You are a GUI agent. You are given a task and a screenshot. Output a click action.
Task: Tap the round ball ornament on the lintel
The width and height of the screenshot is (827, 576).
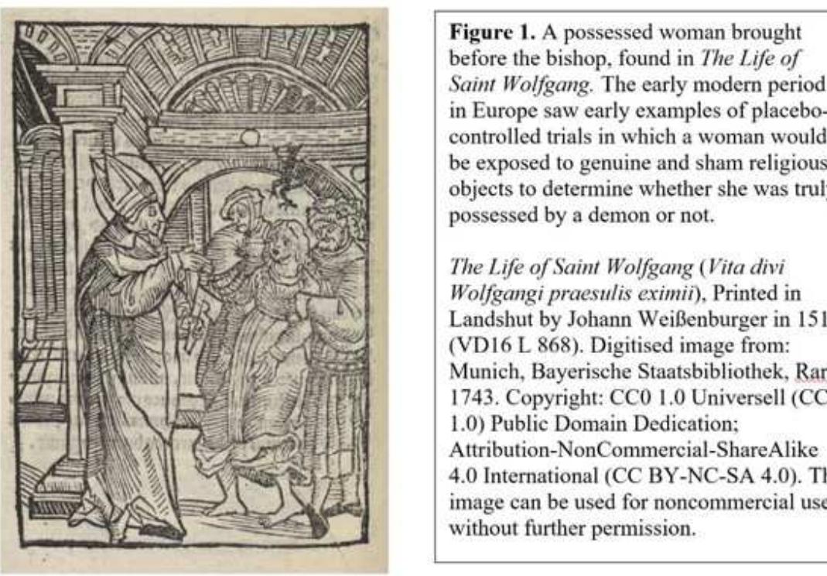click(x=248, y=138)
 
